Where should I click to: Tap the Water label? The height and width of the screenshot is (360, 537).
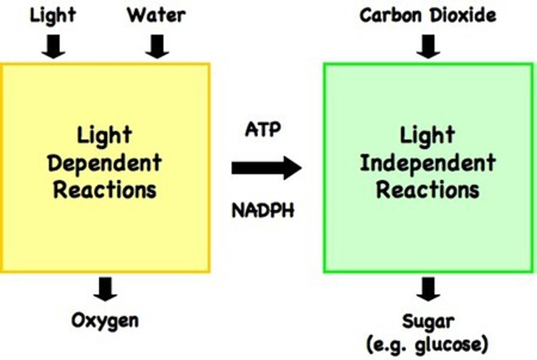click(156, 15)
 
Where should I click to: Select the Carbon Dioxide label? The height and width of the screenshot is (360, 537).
click(428, 15)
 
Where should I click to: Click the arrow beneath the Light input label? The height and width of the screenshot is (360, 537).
click(53, 47)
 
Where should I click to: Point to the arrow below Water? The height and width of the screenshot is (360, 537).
click(157, 47)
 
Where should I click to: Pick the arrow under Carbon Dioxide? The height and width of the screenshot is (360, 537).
click(428, 47)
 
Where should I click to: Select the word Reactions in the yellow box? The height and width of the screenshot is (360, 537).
click(104, 189)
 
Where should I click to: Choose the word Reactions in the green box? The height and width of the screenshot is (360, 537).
click(428, 189)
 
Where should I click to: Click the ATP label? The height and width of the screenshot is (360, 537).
click(263, 130)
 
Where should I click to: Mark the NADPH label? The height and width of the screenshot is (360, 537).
click(263, 211)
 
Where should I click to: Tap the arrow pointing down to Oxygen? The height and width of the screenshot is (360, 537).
click(105, 289)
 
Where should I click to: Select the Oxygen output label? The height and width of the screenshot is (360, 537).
click(105, 320)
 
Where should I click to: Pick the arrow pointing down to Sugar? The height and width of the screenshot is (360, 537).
click(428, 289)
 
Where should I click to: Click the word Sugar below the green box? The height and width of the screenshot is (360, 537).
click(428, 322)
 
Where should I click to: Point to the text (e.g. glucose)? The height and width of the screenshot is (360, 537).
click(427, 345)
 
